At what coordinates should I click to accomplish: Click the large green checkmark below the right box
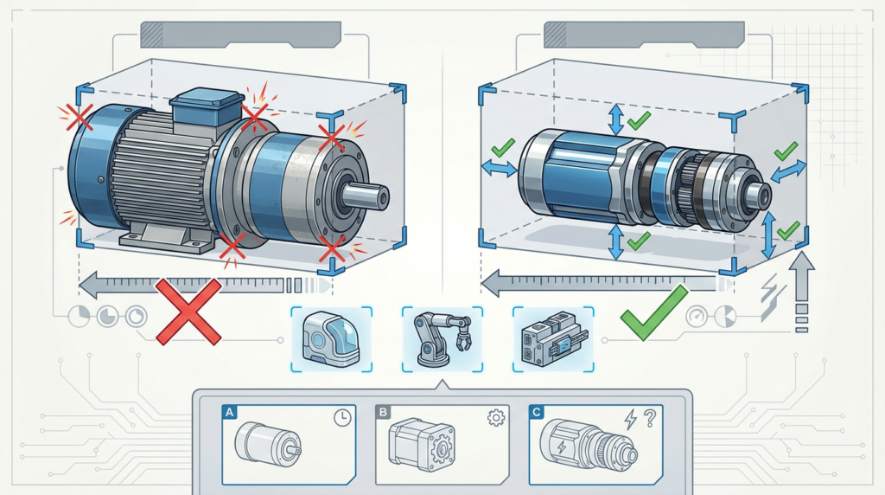pyautogui.click(x=654, y=313)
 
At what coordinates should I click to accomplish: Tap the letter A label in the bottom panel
pyautogui.click(x=230, y=413)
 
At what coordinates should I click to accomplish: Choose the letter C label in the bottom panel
pyautogui.click(x=537, y=413)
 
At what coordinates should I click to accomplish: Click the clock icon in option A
pyautogui.click(x=343, y=418)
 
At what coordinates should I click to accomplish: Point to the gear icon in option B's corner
pyautogui.click(x=496, y=418)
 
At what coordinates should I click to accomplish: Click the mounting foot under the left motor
pyautogui.click(x=165, y=234)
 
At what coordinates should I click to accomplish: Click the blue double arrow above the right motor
pyautogui.click(x=615, y=119)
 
